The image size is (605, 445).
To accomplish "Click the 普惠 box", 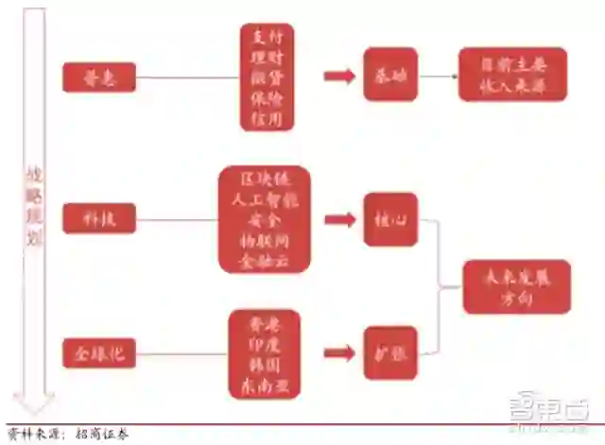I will (99, 77).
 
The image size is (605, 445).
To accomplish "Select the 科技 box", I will (99, 219).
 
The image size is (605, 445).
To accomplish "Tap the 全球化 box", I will (99, 354).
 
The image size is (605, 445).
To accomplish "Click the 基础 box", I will (390, 75).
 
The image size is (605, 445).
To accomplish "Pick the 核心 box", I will (390, 219).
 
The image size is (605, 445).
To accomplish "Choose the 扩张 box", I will (390, 352).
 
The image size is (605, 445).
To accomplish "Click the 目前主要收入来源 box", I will (511, 75).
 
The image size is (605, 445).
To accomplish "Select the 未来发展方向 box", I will (516, 286).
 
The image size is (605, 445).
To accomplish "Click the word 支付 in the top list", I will (267, 37).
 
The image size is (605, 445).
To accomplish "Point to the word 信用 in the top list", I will (267, 118).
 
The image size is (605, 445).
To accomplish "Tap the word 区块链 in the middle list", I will (265, 180).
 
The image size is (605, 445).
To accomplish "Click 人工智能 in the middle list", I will (265, 199).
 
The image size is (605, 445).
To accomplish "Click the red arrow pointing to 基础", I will (337, 76).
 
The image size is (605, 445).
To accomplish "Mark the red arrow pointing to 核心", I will (337, 219).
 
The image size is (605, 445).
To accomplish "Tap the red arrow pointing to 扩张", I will (337, 353).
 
